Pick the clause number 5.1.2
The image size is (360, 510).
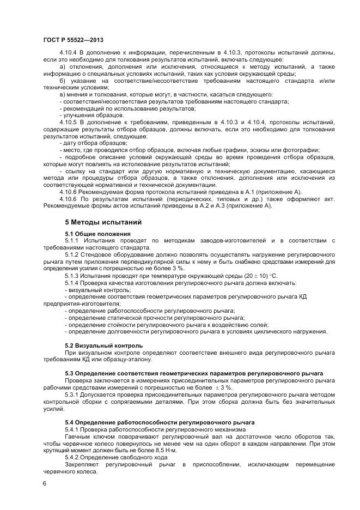pyautogui.click(x=74, y=254)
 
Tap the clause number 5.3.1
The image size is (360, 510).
pyautogui.click(x=74, y=394)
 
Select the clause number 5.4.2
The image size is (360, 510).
pyautogui.click(x=74, y=457)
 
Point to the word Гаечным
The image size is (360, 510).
pyautogui.click(x=78, y=436)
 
